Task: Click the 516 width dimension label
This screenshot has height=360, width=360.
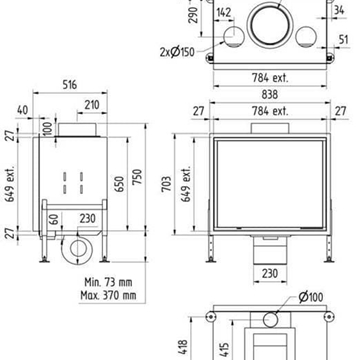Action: (70, 85)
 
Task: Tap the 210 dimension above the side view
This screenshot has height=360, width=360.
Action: (92, 105)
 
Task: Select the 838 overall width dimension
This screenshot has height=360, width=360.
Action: (269, 94)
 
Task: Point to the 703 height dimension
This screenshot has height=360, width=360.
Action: (167, 184)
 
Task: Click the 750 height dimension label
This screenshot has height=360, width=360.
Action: (137, 177)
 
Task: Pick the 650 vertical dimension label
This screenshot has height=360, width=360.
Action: (120, 184)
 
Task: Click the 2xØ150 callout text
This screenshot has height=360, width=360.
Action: (177, 52)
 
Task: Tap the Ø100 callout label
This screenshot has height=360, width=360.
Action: (311, 297)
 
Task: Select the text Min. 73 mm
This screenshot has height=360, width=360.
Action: (108, 282)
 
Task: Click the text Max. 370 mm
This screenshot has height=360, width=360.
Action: (108, 295)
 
